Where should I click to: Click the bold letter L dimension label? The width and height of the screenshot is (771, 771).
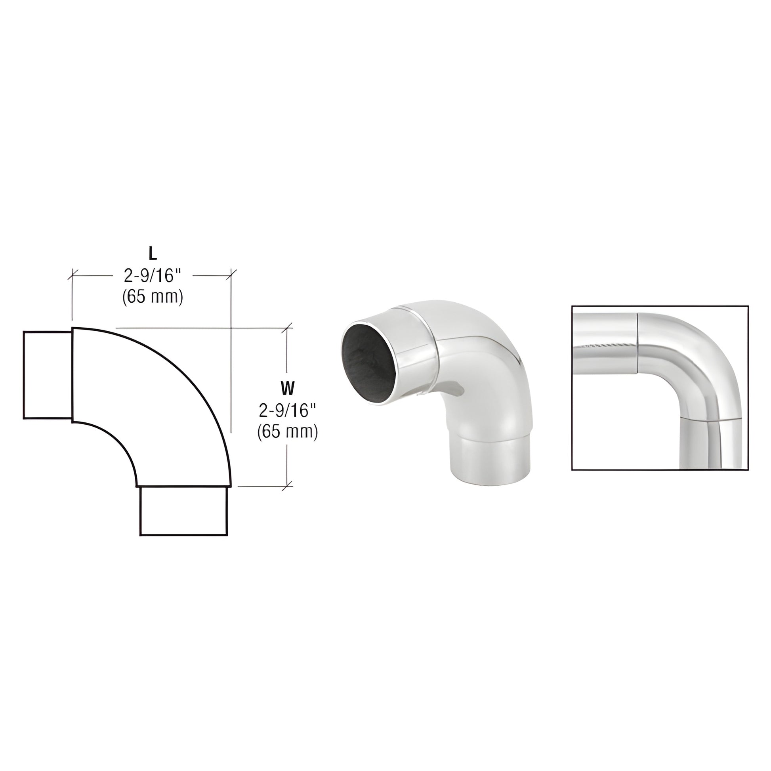153,254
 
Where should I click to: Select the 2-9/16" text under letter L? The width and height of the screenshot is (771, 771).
153,275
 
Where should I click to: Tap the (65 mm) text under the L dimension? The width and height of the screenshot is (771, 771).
153,297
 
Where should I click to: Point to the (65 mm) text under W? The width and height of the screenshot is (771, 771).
287,432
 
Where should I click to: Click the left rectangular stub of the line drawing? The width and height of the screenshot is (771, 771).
47,375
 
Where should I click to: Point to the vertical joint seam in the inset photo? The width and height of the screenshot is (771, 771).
637,343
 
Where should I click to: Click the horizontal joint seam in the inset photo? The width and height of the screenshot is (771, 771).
710,419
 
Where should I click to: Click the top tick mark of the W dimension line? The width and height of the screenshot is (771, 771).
287,328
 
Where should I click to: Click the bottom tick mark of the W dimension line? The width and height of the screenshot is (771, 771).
287,486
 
